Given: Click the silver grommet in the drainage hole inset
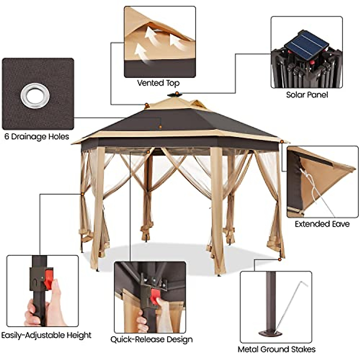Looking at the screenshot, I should [35, 96].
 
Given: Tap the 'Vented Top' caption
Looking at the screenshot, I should [158, 83].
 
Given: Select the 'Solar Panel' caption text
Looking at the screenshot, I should [307, 95].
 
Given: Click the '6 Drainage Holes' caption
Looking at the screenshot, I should [37, 137].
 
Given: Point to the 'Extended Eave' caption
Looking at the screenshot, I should [322, 224].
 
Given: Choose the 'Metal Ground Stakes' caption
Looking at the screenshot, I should [276, 349].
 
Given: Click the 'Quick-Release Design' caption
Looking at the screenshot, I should [151, 339].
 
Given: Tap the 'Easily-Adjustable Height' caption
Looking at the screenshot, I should [46, 335].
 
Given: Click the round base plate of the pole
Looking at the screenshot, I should [270, 333].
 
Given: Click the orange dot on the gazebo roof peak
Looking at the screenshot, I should [177, 94].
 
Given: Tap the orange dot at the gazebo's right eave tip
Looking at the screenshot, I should [282, 141].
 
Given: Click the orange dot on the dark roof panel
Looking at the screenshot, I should [160, 127].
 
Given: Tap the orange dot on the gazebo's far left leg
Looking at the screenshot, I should [82, 194].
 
